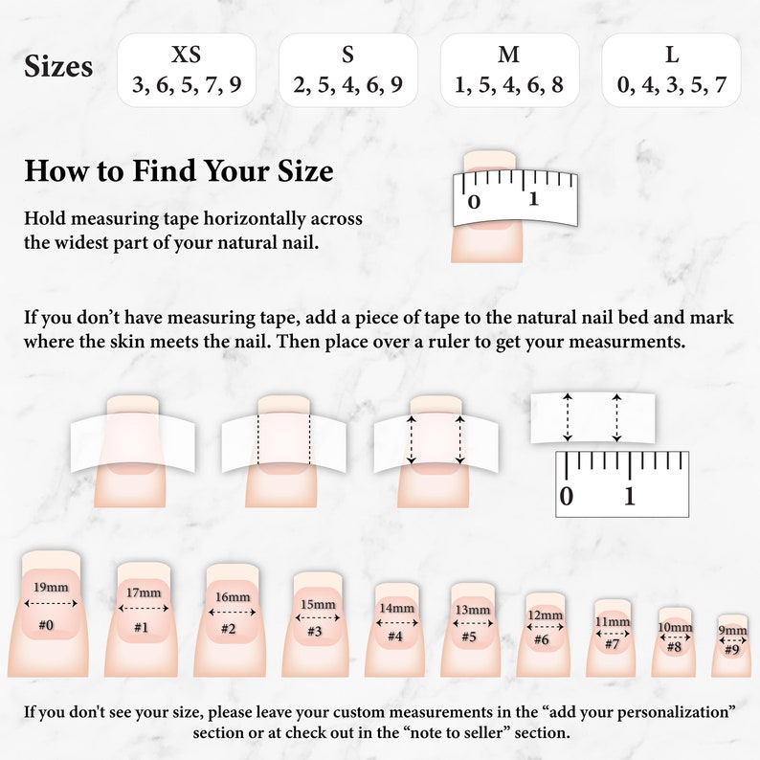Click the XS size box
[187, 70]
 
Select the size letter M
[508, 55]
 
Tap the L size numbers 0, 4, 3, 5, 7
[671, 85]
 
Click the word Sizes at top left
[58, 66]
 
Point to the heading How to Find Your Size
[179, 170]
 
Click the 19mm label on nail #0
[51, 587]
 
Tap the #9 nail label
[732, 649]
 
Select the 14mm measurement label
[396, 608]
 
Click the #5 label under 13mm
[469, 636]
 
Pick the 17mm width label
[144, 592]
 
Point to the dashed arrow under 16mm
[233, 613]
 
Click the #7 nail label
[613, 644]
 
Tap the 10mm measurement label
[675, 627]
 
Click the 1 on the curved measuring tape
[534, 199]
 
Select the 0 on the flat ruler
[566, 497]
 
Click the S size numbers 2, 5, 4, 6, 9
[348, 85]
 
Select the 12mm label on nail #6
[546, 615]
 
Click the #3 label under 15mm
[315, 632]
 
